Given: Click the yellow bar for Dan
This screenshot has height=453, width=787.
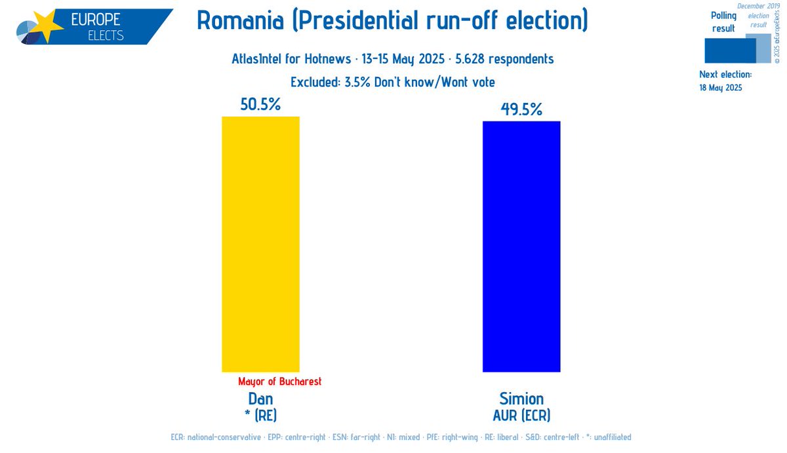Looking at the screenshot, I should (260, 244).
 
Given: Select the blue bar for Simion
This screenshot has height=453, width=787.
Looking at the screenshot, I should (521, 246).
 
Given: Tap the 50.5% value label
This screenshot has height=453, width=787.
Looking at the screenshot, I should (260, 104).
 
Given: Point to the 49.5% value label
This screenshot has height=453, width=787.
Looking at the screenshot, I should (521, 109).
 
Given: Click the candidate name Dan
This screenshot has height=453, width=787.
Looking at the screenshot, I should (260, 399).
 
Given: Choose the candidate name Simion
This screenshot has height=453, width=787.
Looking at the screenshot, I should (521, 399).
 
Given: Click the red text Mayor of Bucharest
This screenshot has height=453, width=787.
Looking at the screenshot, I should (280, 381).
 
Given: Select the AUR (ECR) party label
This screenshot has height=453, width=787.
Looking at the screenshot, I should (521, 415).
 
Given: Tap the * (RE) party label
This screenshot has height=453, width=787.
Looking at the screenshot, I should (260, 415).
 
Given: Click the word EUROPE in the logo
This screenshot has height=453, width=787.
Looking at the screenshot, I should (95, 19).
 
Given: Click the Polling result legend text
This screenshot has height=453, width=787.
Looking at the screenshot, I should (723, 22).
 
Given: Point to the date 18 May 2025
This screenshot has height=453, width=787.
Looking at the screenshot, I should (721, 87).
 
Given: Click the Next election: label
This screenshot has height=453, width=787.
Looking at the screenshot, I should (725, 75).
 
